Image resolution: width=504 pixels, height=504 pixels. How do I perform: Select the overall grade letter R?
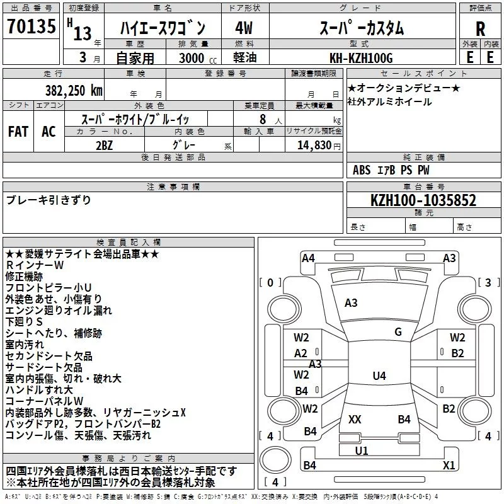pyautogui.click(x=480, y=28)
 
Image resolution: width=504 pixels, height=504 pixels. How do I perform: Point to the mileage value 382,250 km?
pyautogui.click(x=74, y=90)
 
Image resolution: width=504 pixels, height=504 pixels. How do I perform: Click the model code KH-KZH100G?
pyautogui.click(x=361, y=58)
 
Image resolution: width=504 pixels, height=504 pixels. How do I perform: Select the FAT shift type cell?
pyautogui.click(x=18, y=132)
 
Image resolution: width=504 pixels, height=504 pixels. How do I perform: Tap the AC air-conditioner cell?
pyautogui.click(x=49, y=132)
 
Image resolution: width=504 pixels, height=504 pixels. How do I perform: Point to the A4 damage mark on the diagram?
pyautogui.click(x=308, y=258)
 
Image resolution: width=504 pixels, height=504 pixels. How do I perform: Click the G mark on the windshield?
pyautogui.click(x=398, y=332)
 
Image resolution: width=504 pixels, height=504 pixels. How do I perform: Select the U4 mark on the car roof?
pyautogui.click(x=379, y=376)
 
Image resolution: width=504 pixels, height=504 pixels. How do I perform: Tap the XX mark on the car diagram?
pyautogui.click(x=355, y=419)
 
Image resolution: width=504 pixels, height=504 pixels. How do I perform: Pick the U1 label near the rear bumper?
pyautogui.click(x=362, y=450)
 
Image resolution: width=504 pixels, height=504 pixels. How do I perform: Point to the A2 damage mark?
pyautogui.click(x=301, y=353)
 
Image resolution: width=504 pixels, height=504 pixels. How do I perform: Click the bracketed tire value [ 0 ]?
pyautogui.click(x=271, y=282)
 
